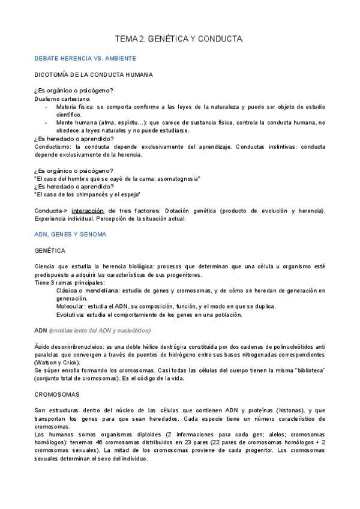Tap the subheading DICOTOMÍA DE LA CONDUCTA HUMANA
tap(93, 74)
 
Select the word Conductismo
tap(53, 146)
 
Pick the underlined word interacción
tap(88, 211)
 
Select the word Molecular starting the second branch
tap(70, 306)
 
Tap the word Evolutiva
tap(70, 314)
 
